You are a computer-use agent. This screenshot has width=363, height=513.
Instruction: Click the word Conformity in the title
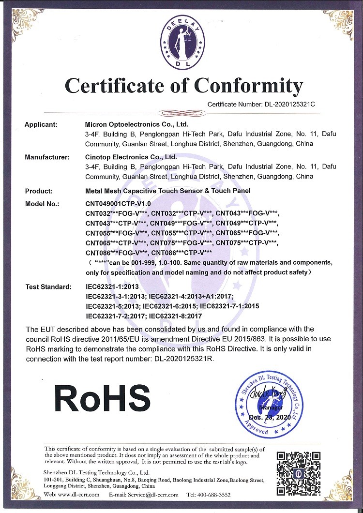point(249,86)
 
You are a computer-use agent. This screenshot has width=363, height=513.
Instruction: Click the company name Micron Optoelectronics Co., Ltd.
point(136,124)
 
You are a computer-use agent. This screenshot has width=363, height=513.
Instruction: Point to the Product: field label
point(39,191)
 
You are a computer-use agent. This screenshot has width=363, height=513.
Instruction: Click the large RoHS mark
point(102,398)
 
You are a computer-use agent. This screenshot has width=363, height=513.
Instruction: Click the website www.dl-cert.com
point(78,495)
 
